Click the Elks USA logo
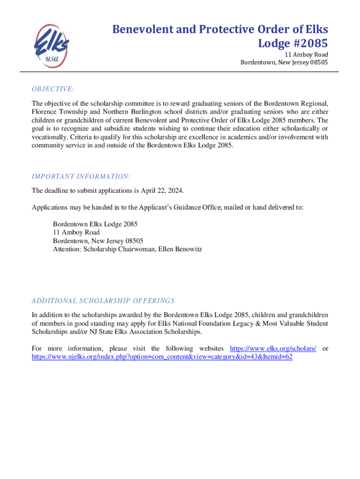click(50, 46)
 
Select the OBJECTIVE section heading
click(53, 89)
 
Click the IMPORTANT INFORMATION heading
click(81, 176)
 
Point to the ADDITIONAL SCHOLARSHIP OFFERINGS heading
click(103, 300)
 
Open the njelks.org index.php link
click(162, 356)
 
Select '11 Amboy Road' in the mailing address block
click(76, 232)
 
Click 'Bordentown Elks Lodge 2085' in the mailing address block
click(95, 224)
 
